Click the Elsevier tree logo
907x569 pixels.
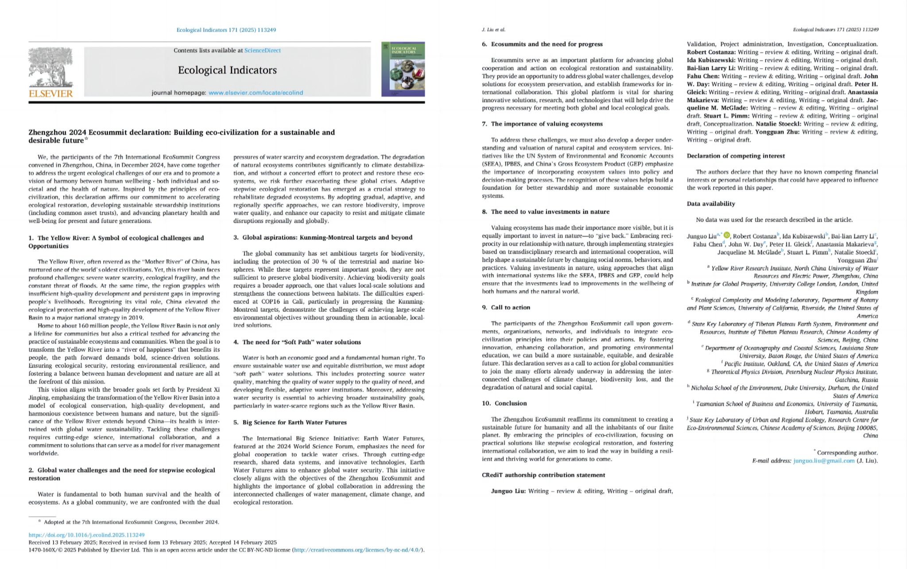click(x=50, y=67)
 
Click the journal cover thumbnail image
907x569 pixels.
click(x=403, y=69)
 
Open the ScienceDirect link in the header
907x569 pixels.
click(x=262, y=51)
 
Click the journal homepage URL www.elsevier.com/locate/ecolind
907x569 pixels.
click(x=256, y=93)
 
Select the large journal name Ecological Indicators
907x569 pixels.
click(x=227, y=70)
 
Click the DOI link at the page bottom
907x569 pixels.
click(x=86, y=535)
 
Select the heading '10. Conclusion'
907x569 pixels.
click(x=504, y=403)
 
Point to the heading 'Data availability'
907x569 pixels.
click(x=711, y=204)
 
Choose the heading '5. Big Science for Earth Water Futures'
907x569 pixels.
click(x=290, y=422)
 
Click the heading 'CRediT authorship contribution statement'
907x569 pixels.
click(x=543, y=475)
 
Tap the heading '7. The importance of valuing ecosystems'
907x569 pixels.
click(x=542, y=124)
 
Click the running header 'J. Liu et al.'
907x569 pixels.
click(x=493, y=30)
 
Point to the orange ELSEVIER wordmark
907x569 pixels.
click(x=50, y=94)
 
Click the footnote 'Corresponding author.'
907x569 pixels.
click(x=847, y=452)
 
